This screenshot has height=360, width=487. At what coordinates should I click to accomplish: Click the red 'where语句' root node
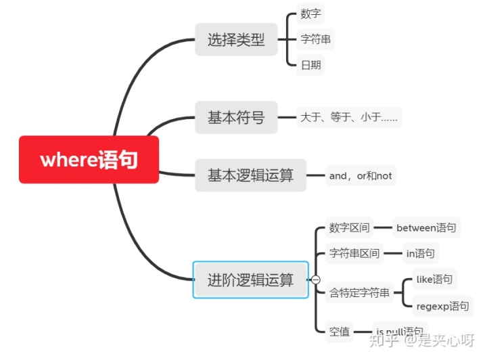(x=89, y=160)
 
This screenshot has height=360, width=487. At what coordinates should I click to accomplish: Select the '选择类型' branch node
(x=236, y=40)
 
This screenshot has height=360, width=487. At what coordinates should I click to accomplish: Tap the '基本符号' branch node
(x=236, y=117)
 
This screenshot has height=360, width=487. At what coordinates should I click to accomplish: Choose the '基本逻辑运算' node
(x=250, y=175)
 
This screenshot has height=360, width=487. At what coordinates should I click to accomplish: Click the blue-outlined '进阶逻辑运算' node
(x=250, y=279)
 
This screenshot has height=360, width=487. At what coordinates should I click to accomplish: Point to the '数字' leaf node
(x=311, y=14)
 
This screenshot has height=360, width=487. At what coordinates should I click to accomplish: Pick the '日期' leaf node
(x=311, y=66)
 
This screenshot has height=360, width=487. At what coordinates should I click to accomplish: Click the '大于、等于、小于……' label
(x=349, y=118)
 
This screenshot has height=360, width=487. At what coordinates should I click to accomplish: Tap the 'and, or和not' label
(x=361, y=176)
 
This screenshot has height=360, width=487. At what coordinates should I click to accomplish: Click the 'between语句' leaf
(x=426, y=227)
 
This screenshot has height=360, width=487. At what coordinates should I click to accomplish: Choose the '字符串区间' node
(x=354, y=254)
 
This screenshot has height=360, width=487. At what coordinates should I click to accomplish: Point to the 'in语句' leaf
(x=420, y=254)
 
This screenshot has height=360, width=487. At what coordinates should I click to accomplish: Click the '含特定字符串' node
(x=359, y=293)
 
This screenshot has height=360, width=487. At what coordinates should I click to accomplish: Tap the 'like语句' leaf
(x=434, y=279)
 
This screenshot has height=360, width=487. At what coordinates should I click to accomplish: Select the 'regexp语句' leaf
(x=442, y=306)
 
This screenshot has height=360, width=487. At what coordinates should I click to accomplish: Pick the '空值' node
(x=340, y=332)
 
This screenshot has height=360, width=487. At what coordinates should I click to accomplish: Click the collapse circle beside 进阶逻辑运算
(x=315, y=279)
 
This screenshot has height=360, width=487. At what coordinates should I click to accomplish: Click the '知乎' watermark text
(x=391, y=340)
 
